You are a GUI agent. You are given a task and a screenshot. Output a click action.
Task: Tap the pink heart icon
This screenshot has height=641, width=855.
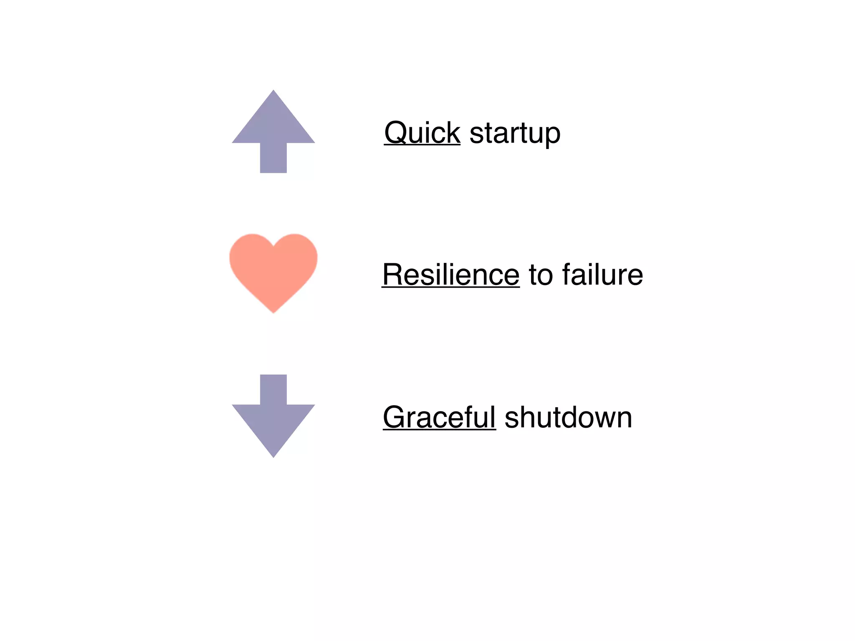(x=273, y=269)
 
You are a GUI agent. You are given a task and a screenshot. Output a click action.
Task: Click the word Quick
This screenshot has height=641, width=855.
(x=422, y=133)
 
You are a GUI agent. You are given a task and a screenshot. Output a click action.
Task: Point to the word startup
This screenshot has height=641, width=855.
(x=515, y=134)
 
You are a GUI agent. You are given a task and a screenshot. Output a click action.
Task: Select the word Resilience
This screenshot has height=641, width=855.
(x=451, y=275)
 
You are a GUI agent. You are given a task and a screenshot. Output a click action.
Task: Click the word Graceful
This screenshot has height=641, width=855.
(x=439, y=417)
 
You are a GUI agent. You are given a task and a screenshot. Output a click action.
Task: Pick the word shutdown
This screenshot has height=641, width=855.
(x=569, y=417)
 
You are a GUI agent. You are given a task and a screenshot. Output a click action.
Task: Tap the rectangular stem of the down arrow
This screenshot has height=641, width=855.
(x=273, y=389)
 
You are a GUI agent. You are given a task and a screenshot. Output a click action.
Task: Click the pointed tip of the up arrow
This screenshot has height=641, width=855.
(x=273, y=93)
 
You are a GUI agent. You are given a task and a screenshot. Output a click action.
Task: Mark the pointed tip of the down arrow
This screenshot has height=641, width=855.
(x=273, y=454)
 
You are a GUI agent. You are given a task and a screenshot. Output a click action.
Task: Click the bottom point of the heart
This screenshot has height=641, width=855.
(x=273, y=310)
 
